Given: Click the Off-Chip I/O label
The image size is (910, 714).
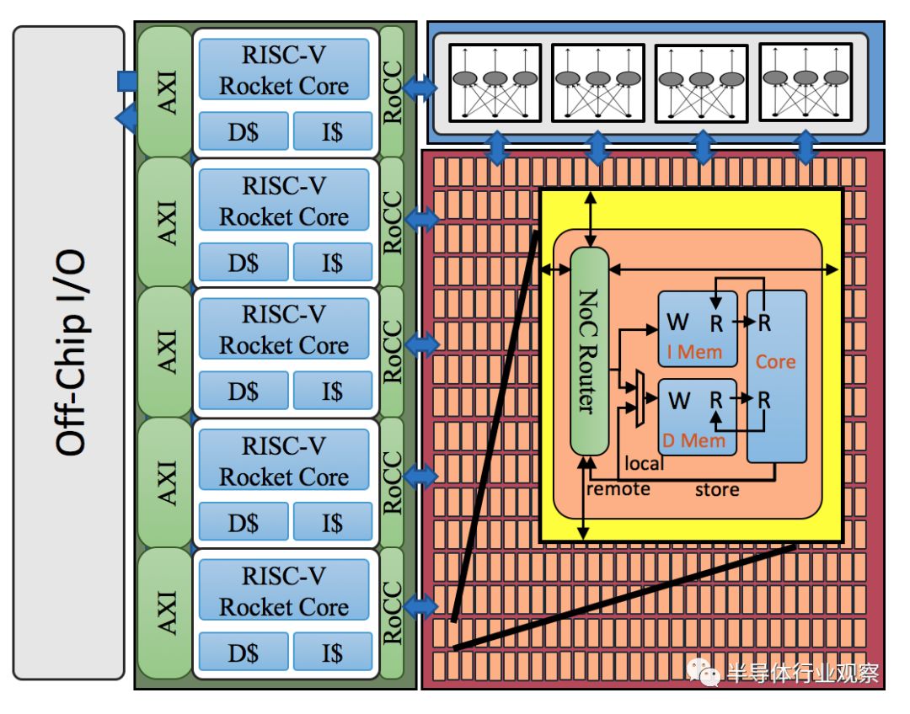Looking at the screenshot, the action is pos(71,353).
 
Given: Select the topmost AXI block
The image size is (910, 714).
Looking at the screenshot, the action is pos(165,92).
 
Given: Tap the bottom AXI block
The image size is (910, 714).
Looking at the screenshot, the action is pos(165,613).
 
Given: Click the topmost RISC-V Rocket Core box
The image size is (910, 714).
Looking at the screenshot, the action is pos(284,70).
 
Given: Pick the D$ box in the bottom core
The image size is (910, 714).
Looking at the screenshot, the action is pos(244,653).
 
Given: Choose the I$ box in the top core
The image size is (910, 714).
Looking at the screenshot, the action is pos(333,131).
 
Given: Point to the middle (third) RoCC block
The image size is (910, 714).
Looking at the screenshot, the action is pos(393,351).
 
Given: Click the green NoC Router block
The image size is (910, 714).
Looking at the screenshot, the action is pos(590,351).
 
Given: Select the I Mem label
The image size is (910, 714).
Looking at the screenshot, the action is pos(694,351).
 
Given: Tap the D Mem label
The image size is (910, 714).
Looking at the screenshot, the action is pos(693,441).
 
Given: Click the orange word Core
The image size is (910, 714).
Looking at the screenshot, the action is pos(775,361).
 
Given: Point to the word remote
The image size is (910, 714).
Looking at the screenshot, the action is pos(618,489).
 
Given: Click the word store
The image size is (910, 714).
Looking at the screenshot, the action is pos(717,490).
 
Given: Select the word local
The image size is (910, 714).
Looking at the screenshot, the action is pos(644,463).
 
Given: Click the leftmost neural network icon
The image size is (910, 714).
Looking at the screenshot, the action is pos(495,83).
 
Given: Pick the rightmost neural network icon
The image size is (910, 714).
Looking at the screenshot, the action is pos(806,83).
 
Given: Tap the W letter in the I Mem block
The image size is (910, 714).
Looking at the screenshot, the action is pos(677,322).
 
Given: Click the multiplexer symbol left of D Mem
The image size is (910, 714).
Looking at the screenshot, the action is pos(640,398).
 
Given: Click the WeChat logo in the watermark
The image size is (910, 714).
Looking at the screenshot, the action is pos(703,672).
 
